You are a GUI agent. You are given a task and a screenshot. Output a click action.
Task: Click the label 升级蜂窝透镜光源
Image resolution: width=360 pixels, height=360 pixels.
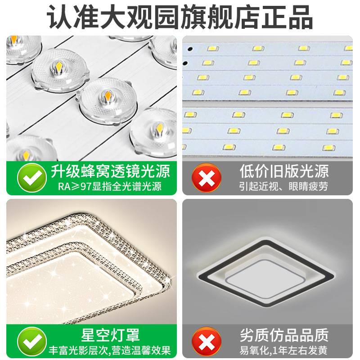(x=110, y=171)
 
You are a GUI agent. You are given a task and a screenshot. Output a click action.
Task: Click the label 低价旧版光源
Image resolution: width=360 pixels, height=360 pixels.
(x=283, y=171)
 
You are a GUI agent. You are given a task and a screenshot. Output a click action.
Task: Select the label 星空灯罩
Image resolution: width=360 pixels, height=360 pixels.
(x=110, y=335)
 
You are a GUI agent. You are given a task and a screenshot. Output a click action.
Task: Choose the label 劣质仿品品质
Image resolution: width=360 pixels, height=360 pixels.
(x=283, y=335)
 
